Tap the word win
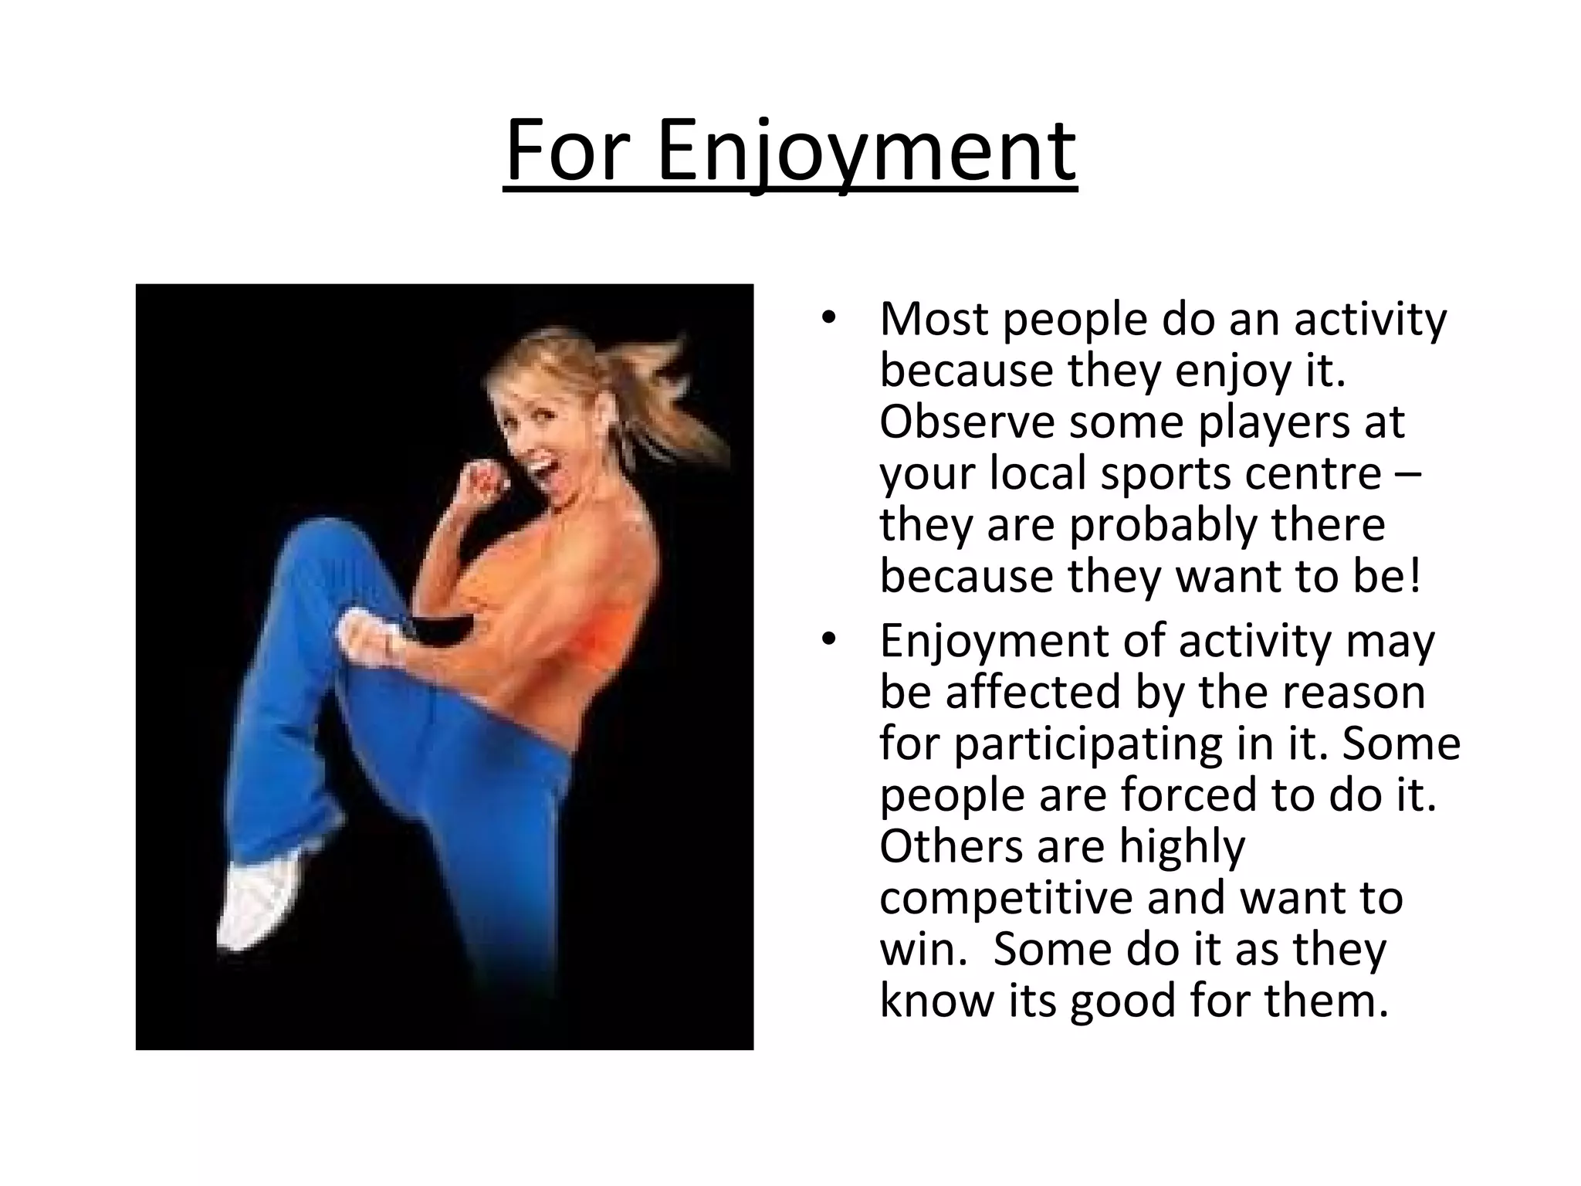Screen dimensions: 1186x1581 coord(922,949)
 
